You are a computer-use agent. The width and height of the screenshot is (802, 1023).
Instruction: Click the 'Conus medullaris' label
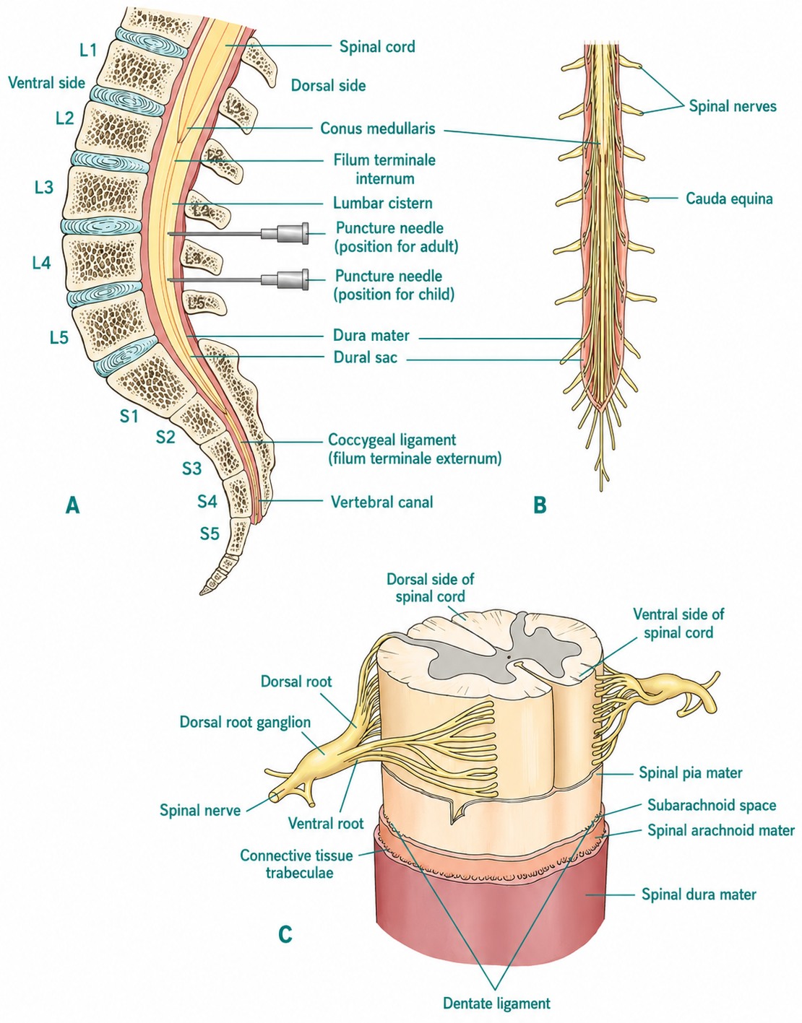(378, 129)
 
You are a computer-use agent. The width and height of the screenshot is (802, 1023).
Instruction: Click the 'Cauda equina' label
(729, 199)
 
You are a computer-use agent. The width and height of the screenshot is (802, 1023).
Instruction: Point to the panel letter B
(540, 505)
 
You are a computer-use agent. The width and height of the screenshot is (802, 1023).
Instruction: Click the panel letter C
(285, 934)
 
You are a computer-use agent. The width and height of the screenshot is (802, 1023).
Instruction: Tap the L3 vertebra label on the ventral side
(44, 188)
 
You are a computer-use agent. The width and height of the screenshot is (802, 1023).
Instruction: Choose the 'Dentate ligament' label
(496, 1004)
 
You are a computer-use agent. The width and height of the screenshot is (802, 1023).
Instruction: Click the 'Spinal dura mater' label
(699, 894)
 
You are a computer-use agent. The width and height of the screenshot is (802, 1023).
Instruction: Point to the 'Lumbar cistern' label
(383, 204)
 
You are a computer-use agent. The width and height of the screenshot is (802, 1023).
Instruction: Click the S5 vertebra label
(210, 534)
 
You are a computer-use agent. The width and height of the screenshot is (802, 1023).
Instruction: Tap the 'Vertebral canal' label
(382, 502)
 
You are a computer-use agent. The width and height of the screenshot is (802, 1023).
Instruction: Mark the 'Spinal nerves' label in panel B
(733, 106)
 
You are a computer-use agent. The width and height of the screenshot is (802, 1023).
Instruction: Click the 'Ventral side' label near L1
(47, 83)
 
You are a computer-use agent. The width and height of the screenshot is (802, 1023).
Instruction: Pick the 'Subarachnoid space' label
(712, 805)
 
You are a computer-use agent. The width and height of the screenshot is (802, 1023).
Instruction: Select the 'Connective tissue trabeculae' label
(296, 863)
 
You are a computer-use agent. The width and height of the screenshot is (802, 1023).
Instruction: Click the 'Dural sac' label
(365, 357)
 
